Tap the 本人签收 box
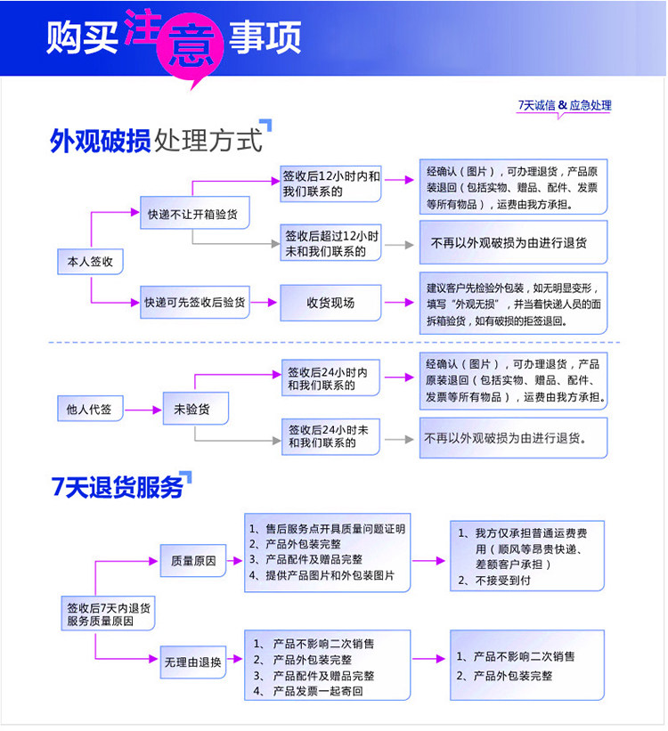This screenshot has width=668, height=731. [90, 262]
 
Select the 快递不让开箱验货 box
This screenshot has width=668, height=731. [195, 213]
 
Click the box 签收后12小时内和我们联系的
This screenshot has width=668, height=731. [330, 183]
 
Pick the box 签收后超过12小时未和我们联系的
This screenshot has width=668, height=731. [330, 243]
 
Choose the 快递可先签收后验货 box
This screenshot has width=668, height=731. [195, 302]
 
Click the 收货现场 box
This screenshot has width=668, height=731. [330, 303]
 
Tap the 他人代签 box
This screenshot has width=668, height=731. [90, 409]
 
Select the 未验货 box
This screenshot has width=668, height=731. [195, 409]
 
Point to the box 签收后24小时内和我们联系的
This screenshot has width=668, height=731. [330, 378]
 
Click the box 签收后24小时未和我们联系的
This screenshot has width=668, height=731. [330, 437]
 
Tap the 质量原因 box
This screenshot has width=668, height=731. [193, 560]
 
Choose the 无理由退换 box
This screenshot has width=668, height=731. [193, 662]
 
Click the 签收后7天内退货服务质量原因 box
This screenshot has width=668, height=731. [108, 613]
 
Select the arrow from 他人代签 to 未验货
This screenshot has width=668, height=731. [143, 410]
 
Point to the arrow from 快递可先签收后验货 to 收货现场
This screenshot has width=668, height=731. [265, 302]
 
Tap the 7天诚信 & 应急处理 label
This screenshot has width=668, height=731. [565, 105]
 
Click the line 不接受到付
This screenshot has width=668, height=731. [494, 581]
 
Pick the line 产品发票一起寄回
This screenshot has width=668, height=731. [308, 691]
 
